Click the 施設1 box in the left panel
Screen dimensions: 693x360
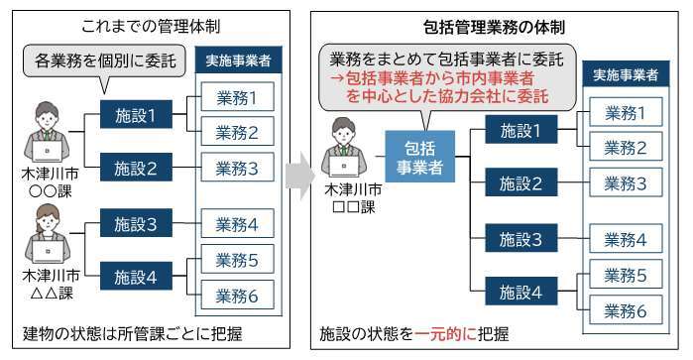136,115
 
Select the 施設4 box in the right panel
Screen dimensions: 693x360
521,291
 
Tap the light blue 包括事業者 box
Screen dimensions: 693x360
420,157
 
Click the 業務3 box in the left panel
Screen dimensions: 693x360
237,168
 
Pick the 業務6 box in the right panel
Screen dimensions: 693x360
626,309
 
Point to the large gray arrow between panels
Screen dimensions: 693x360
299,176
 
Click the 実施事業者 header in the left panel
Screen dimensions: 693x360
239,60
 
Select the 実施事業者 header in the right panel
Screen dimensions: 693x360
626,74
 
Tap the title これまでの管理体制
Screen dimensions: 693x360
151,26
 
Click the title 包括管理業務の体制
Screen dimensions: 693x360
494,27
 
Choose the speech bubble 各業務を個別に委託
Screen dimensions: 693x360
104,61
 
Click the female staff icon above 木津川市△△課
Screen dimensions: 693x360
48,233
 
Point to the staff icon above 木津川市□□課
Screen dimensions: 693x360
344,147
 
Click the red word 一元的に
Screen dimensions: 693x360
445,334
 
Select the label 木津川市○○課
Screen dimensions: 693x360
51,182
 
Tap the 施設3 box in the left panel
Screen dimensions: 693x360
136,223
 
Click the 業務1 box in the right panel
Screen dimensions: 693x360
626,112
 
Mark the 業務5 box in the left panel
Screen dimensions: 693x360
237,259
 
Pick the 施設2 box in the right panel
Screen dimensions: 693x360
521,182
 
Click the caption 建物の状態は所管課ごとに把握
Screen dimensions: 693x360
133,334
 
